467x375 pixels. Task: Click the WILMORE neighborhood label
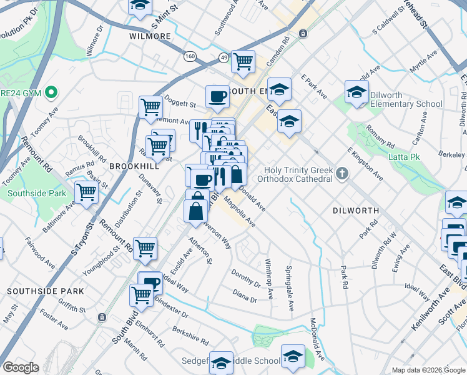pos(150,36)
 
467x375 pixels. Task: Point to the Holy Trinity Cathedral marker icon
pos(342,173)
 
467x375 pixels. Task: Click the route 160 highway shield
pos(190,57)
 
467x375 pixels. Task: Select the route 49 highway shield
pos(224,57)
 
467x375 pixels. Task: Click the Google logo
pos(21,367)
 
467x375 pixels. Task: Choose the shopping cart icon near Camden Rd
pos(243,61)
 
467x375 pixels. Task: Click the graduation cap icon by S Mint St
pos(140,6)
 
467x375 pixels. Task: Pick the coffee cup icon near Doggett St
pos(217,96)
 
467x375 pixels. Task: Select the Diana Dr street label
pos(244,296)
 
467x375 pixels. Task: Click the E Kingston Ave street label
pos(365,164)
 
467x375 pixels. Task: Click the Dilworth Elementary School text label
pos(406,99)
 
